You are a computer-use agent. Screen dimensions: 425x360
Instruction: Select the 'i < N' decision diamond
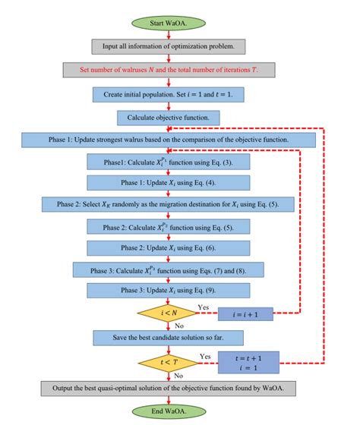(169, 313)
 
